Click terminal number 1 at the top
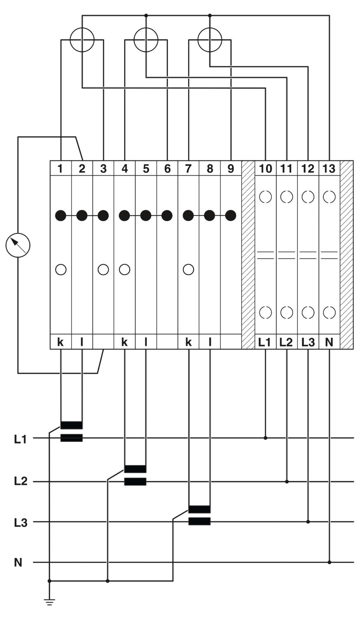click(61, 168)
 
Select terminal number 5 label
click(146, 168)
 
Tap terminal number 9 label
click(231, 168)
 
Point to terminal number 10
click(266, 168)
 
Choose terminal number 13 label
click(329, 168)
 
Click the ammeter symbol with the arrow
click(18, 245)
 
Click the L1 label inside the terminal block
click(265, 342)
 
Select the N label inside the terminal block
click(329, 342)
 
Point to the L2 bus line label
click(20, 482)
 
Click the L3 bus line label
click(20, 522)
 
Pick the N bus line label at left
click(18, 562)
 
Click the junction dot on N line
click(329, 562)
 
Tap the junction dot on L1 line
click(266, 438)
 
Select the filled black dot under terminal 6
click(167, 215)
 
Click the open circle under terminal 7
click(188, 269)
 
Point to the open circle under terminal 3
click(103, 269)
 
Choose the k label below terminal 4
click(125, 342)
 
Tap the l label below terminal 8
click(210, 342)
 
